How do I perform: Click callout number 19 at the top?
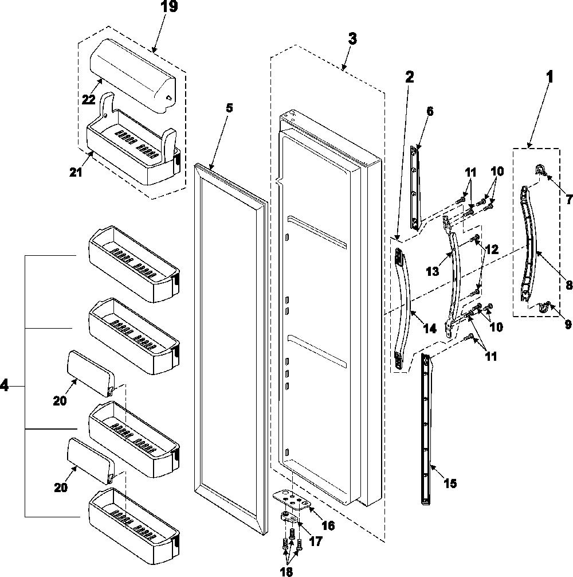(169, 7)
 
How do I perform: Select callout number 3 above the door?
(352, 38)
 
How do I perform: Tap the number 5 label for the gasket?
(229, 108)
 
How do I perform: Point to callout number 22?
(89, 99)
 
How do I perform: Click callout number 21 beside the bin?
(76, 172)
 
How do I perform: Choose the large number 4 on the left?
(5, 386)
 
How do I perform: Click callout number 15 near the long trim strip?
(450, 483)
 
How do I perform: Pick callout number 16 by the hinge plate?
(328, 525)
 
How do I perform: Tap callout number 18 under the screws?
(286, 571)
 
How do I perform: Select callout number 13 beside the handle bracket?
(433, 271)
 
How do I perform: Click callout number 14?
(429, 328)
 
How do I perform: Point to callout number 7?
(569, 200)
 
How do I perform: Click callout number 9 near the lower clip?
(568, 324)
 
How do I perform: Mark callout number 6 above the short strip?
(430, 111)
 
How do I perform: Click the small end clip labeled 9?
(543, 306)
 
